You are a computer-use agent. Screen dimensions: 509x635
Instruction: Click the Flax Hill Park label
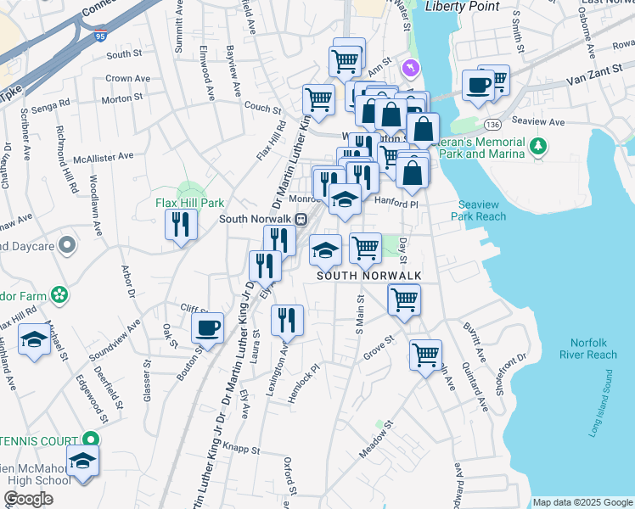pos(189,203)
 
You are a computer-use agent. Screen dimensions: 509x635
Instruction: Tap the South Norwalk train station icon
pos(301,218)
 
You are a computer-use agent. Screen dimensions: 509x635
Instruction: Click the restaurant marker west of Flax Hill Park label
pos(180,225)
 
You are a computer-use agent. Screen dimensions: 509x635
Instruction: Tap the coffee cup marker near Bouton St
pos(207,327)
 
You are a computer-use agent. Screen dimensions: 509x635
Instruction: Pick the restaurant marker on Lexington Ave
pos(287,321)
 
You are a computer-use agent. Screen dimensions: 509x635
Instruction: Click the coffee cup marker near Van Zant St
pos(478,84)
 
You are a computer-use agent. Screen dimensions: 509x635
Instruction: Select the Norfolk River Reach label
pos(588,349)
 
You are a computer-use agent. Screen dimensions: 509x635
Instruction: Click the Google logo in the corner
pos(28,499)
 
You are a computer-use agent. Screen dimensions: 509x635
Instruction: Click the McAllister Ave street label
pos(104,156)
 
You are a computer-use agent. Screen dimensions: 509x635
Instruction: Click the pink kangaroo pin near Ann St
pos(411,66)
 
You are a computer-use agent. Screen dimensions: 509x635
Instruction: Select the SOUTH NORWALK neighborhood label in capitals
pos(357,277)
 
